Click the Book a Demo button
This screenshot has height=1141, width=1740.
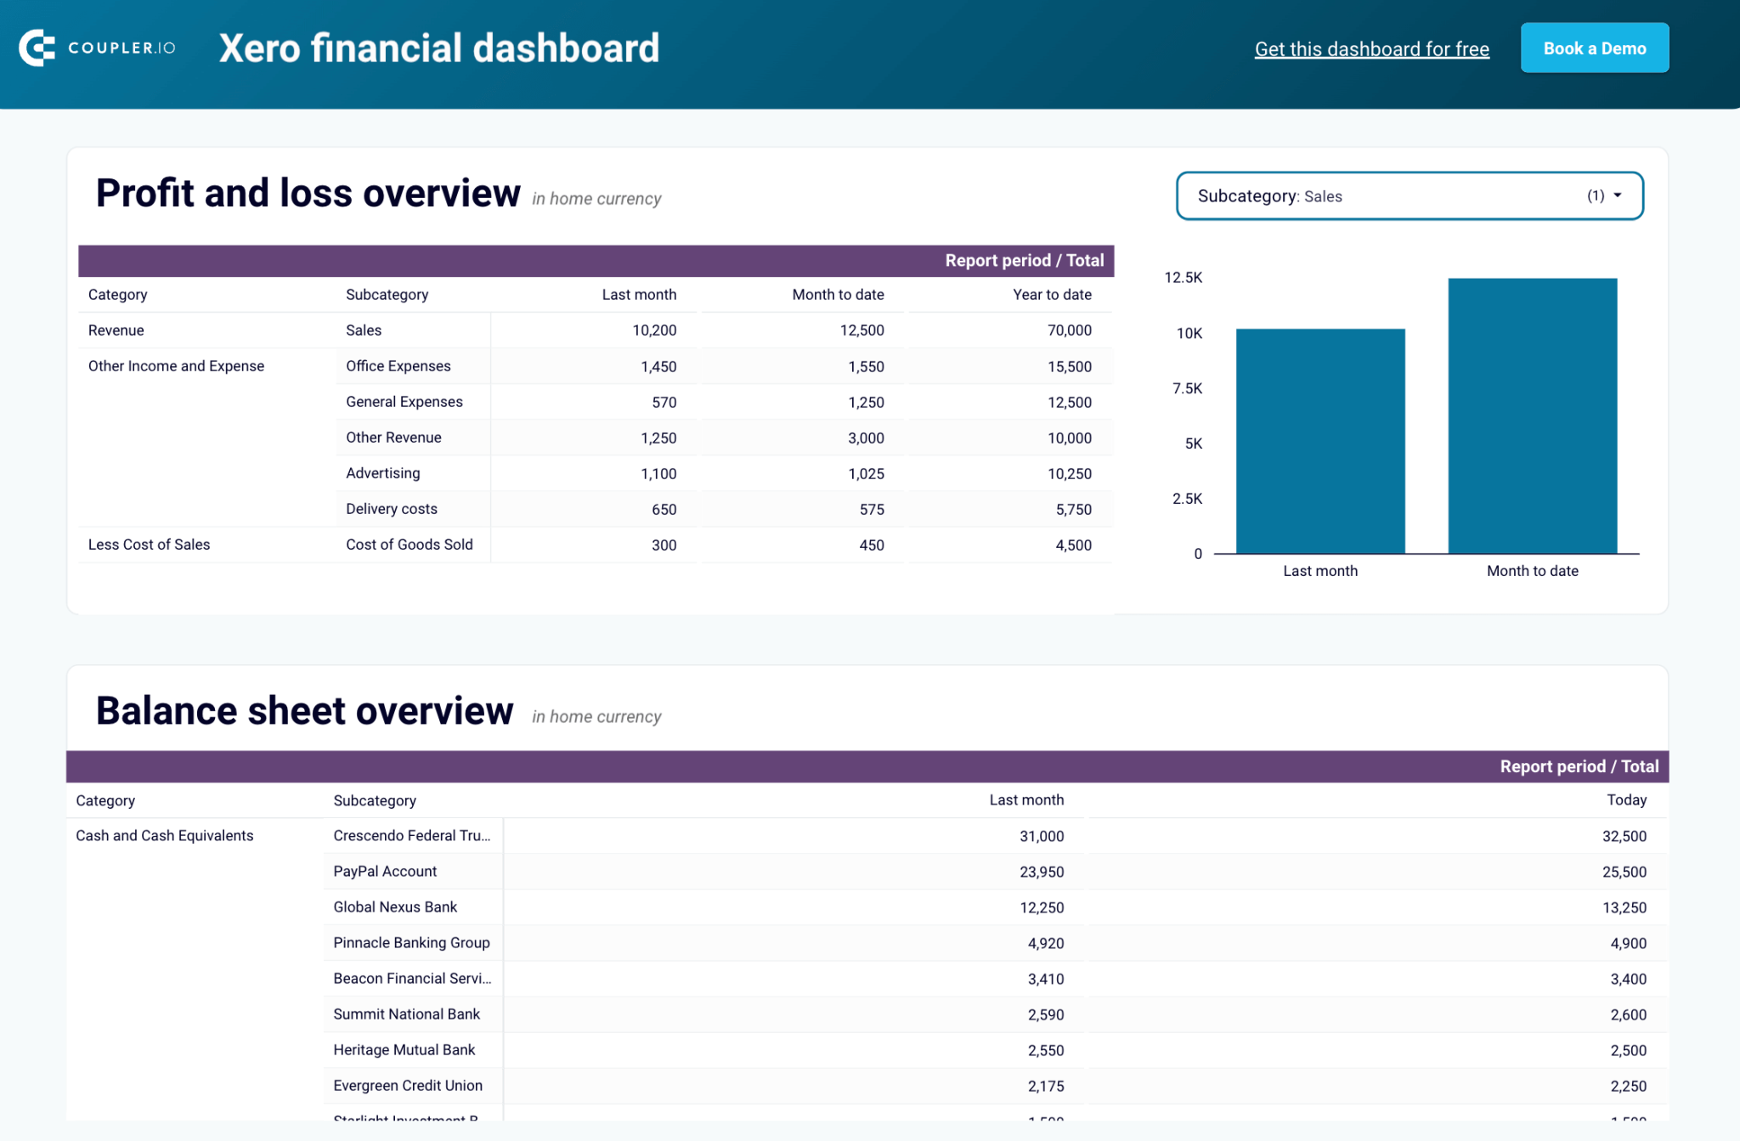[1594, 48]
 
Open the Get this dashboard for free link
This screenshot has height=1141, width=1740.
[1371, 49]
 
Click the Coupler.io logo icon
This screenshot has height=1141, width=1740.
[37, 48]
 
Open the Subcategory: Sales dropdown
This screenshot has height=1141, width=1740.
[1409, 196]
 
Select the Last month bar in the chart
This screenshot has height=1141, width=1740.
[1319, 442]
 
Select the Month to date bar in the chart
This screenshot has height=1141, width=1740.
[1532, 416]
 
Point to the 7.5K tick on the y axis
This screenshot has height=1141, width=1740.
[1187, 388]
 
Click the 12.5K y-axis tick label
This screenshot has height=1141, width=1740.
[1183, 278]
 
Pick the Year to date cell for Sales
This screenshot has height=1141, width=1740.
[1069, 330]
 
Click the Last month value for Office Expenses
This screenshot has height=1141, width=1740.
[658, 367]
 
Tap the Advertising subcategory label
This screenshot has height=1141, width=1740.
[382, 473]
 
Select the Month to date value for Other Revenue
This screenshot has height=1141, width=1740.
[866, 438]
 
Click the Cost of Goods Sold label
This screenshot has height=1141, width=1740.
[409, 545]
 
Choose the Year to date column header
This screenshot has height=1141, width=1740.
[1051, 295]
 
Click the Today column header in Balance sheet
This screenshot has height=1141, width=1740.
[1626, 800]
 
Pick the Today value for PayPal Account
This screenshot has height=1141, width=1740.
[1624, 872]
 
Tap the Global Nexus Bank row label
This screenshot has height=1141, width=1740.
[395, 907]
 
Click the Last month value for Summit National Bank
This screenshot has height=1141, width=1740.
[1045, 1014]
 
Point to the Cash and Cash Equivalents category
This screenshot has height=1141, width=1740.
[165, 836]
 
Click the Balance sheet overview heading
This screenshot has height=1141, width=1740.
[304, 711]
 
